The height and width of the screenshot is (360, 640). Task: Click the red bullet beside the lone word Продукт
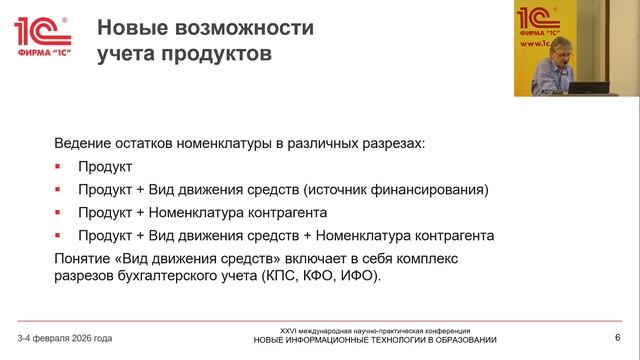click(58, 166)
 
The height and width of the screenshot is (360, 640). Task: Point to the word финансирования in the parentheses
click(435, 189)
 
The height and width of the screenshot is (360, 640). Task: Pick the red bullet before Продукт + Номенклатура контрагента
click(58, 212)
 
